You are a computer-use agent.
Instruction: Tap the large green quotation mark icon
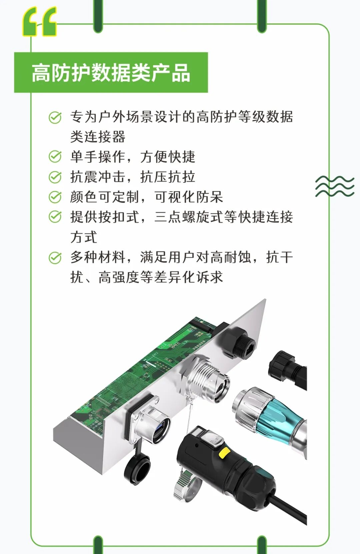coord(40,21)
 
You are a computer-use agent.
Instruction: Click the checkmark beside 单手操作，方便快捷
coord(55,156)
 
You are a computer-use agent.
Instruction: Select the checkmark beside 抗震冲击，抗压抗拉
coord(55,177)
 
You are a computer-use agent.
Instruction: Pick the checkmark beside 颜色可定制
coord(55,197)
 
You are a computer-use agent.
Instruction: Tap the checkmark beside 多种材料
coord(55,257)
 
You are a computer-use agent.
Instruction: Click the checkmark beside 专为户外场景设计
coord(55,117)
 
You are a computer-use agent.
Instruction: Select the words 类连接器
coord(98,136)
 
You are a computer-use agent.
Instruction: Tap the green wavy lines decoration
coord(335,186)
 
